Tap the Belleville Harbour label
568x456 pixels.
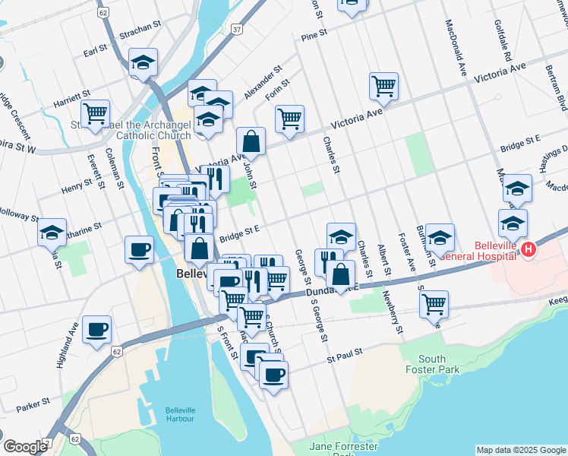[x=180, y=414]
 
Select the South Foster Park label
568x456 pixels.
[x=431, y=364]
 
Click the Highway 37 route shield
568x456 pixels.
[x=238, y=29]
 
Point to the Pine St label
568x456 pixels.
[x=314, y=34]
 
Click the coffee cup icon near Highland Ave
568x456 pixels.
[x=96, y=330]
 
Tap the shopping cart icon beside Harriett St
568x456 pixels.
[x=95, y=114]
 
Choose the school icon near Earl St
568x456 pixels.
[x=142, y=64]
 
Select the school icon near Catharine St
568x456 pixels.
[x=52, y=232]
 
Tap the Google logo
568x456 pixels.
[x=25, y=447]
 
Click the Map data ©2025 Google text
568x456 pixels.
[x=521, y=449]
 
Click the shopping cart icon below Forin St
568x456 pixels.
[x=289, y=119]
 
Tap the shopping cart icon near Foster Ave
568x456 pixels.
[x=434, y=304]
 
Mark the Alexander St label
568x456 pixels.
[x=257, y=86]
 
